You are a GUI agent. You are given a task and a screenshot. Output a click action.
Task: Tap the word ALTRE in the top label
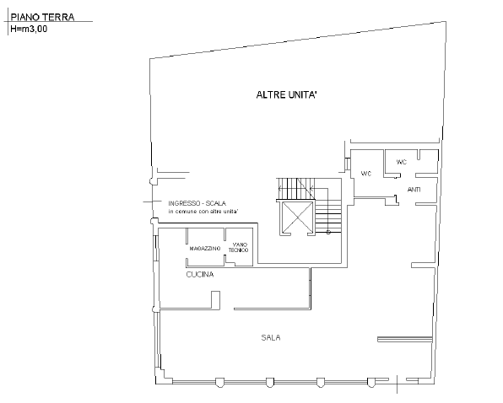coord(273,95)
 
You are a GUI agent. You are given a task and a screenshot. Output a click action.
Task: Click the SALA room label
coord(271,337)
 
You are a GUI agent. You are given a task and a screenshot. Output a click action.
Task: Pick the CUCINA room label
coord(199,275)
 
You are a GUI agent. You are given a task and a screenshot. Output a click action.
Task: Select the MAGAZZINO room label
coord(204,249)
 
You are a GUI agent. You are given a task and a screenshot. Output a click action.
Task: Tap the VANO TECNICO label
coord(239,249)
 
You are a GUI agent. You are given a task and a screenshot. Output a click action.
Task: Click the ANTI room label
coord(414,189)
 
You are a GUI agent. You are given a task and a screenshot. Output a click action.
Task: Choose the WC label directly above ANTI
coord(402,161)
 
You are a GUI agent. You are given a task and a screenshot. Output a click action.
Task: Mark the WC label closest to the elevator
coord(366,174)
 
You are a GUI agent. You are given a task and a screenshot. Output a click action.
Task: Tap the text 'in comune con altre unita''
coord(203,211)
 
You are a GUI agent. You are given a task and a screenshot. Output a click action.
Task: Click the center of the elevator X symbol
coord(296,218)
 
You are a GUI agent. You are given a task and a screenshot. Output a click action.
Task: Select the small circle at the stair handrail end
coord(328,233)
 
